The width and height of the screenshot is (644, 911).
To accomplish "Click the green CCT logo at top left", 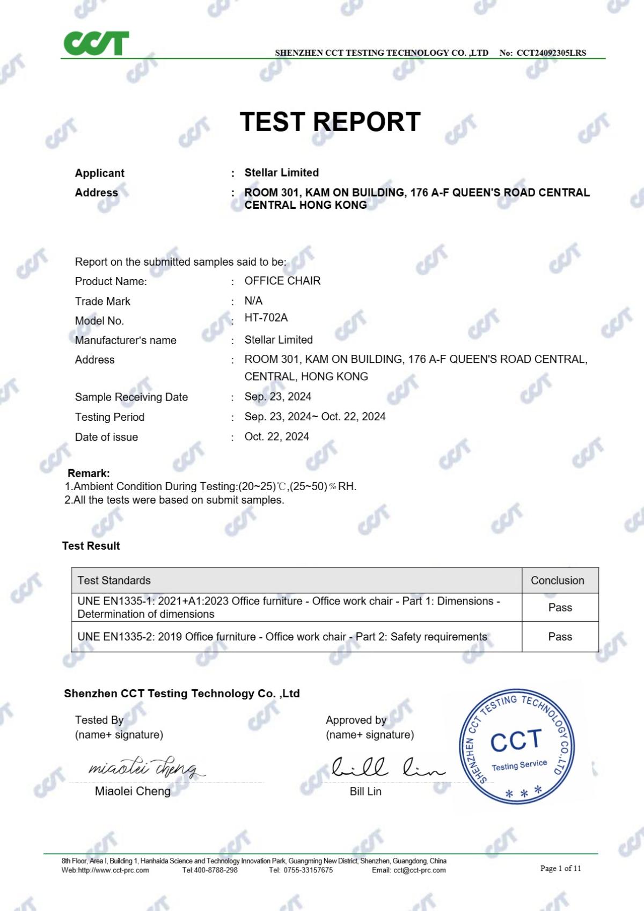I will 96,43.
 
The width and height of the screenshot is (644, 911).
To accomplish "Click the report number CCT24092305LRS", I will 551,53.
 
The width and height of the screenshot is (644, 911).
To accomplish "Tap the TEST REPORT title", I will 330,122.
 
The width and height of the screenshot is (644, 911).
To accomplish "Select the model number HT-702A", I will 266,318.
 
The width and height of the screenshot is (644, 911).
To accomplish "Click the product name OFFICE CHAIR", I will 282,281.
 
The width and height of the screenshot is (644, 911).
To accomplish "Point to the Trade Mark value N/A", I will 253,301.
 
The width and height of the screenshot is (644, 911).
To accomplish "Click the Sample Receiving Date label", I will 131,397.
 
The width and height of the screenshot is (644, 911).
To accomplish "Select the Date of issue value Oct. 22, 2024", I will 276,436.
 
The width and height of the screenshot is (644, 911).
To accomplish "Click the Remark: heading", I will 89,473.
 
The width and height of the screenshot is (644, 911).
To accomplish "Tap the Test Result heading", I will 91,546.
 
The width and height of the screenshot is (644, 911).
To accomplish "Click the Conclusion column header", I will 557,580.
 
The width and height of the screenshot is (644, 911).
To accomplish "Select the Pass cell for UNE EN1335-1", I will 560,608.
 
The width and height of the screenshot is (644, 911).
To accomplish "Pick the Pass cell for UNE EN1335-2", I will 560,637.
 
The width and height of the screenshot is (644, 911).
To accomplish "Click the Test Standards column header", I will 114,580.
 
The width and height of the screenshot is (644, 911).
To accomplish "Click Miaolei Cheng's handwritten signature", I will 145,768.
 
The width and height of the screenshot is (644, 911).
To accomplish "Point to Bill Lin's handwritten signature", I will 386,768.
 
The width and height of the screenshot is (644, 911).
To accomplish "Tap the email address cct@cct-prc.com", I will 419,870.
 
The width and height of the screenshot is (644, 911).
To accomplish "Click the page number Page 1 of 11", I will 560,868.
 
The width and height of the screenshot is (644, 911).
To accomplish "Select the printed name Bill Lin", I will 365,791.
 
